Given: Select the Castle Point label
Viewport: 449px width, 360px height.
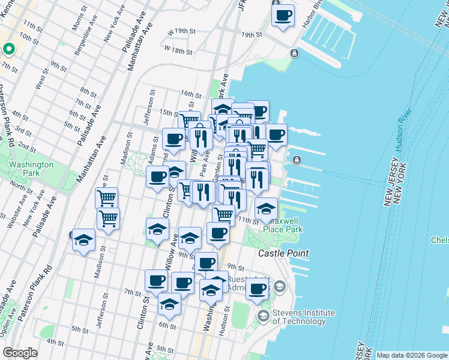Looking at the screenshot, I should coord(283,254).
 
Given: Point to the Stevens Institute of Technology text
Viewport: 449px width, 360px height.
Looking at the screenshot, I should coord(304,316).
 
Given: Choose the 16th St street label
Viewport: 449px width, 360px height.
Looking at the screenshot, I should coord(190,94).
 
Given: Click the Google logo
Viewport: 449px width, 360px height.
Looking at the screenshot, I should coord(20,353).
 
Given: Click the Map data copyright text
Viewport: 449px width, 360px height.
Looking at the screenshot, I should coord(411,355).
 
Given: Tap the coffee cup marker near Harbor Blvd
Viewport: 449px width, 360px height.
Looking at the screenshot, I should coord(283,14).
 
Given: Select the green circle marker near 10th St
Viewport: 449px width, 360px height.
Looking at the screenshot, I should coord(9,49).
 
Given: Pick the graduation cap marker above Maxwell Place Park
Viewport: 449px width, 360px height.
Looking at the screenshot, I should coord(266,209).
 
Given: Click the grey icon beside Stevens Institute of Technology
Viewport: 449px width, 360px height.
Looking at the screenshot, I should coord(263,315).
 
